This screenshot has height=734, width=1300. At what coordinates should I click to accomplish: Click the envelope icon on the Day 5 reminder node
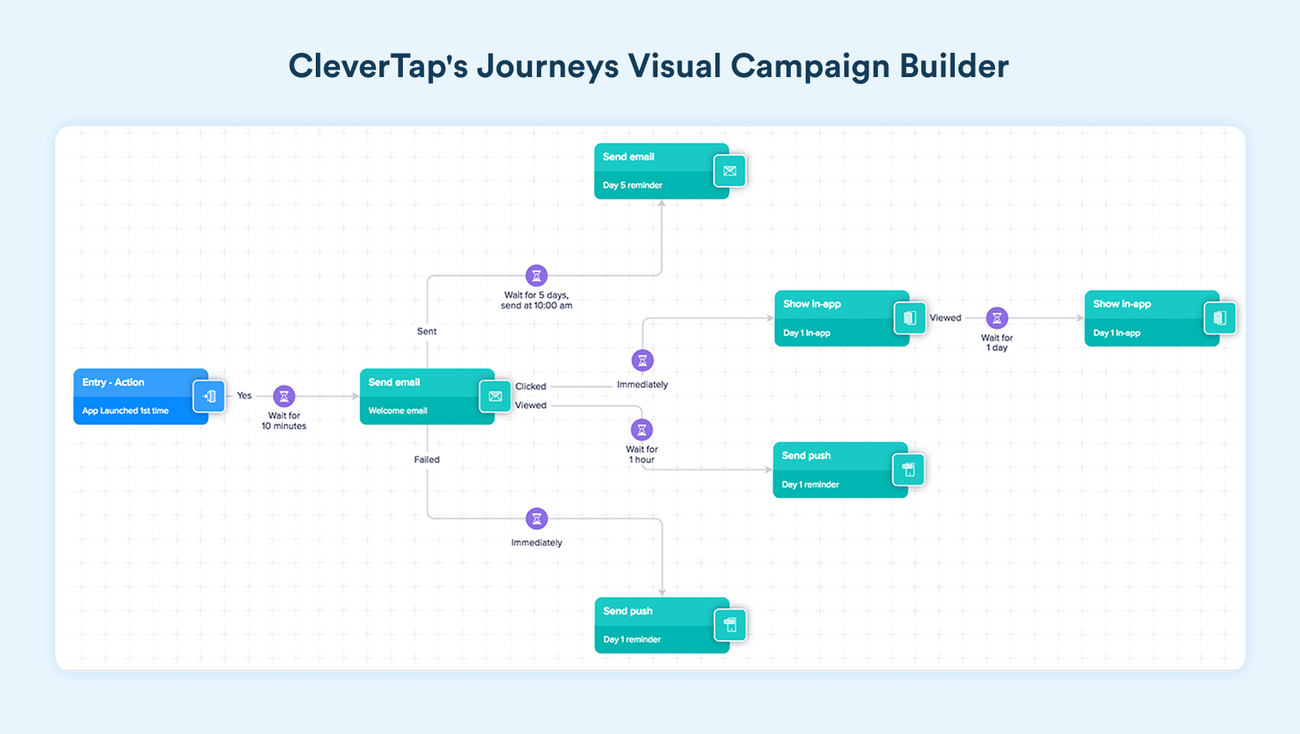click(730, 171)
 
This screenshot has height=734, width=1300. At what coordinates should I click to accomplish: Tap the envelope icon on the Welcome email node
click(495, 396)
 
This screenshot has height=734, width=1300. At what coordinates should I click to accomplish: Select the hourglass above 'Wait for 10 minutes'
click(284, 396)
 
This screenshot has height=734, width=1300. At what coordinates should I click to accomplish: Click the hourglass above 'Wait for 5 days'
click(536, 275)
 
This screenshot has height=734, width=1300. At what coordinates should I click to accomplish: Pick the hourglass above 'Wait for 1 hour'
click(642, 430)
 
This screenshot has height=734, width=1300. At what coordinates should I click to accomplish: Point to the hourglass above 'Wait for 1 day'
click(997, 318)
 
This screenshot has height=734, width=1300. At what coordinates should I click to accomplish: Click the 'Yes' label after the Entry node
click(244, 395)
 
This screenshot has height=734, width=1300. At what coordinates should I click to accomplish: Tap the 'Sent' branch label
click(426, 332)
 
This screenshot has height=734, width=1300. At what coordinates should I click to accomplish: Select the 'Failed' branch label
click(426, 460)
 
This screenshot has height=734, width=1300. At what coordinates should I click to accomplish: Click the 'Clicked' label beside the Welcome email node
click(530, 386)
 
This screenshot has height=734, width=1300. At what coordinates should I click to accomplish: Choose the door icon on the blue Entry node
click(209, 396)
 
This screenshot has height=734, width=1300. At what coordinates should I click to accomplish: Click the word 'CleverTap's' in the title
click(378, 66)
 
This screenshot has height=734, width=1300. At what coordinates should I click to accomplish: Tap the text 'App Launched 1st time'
click(126, 411)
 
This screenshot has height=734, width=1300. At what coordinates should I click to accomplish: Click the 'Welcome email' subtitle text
click(398, 411)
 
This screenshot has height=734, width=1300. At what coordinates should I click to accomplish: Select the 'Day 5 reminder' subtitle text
click(632, 185)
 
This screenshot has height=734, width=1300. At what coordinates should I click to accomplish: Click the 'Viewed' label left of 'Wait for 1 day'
click(945, 318)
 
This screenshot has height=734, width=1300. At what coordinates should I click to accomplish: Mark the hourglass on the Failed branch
click(536, 519)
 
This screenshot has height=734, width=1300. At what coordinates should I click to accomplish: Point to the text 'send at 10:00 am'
click(536, 306)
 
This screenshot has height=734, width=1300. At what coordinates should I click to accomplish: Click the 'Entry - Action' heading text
click(113, 382)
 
